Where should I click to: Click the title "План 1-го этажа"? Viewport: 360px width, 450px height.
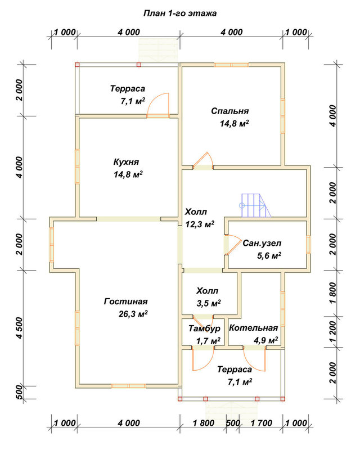pos(179,13)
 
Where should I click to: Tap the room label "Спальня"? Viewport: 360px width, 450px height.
pos(229,111)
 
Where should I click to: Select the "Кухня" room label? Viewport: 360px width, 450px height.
pos(126,162)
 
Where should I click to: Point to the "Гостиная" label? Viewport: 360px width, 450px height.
pos(126,301)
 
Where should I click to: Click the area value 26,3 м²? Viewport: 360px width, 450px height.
pos(133,314)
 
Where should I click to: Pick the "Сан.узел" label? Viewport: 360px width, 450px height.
pos(262,244)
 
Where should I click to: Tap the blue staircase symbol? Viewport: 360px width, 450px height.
pos(255,205)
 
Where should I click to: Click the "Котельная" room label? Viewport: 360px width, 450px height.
pos(253,328)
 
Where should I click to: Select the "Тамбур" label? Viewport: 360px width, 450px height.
pos(204,328)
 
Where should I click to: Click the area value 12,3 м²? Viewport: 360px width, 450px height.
pos(200,224)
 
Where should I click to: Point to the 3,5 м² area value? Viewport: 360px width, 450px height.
pos(209,303)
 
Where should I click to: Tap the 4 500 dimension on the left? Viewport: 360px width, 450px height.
pos(19,328)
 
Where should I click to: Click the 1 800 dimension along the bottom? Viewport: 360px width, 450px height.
pos(203,423)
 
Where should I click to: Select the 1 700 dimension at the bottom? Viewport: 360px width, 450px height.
pos(261,423)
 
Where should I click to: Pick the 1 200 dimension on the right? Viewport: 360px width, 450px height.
pos(332,331)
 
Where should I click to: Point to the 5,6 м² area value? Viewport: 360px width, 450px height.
pos(269,255)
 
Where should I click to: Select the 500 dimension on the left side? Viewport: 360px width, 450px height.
pos(19,392)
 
